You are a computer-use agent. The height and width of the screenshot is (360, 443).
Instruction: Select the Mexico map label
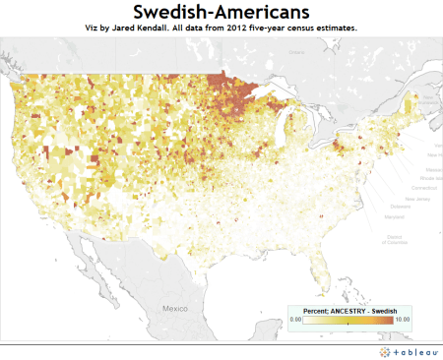[x=174, y=308]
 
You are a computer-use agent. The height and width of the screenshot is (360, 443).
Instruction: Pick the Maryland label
[x=399, y=217]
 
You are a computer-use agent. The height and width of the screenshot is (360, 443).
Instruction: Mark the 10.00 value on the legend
[x=402, y=321]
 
